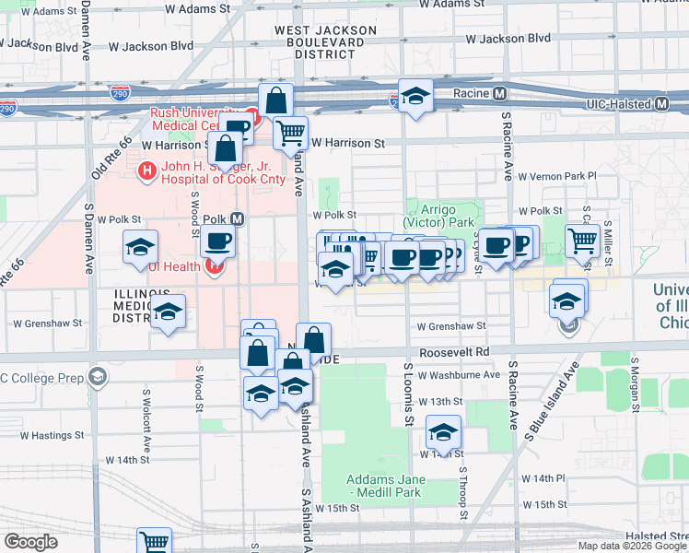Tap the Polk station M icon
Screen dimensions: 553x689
click(238, 219)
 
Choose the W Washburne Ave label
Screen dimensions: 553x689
click(457, 375)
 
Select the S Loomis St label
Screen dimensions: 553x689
click(409, 394)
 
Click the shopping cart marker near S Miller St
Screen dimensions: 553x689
click(582, 241)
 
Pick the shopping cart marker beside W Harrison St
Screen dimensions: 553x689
click(291, 133)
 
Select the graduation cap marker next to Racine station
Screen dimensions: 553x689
click(415, 96)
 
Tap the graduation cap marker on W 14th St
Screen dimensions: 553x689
click(443, 432)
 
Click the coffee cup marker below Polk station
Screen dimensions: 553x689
click(217, 242)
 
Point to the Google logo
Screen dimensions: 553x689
click(31, 542)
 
